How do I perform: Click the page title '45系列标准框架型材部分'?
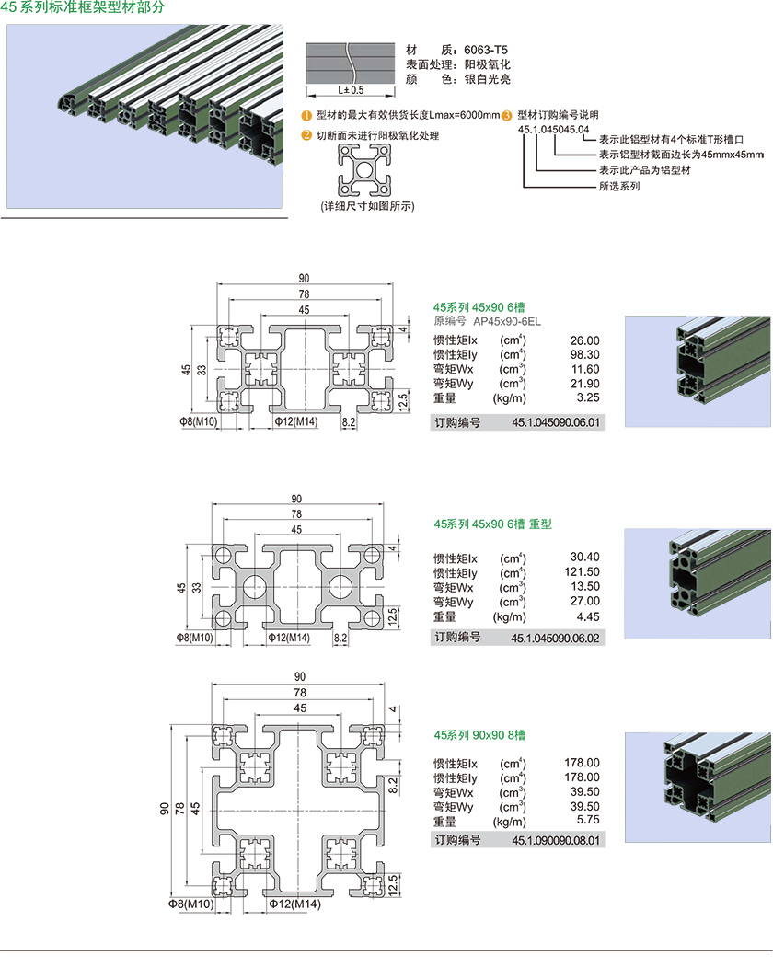tap(84, 8)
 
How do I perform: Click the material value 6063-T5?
tap(486, 50)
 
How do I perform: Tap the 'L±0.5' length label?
tap(352, 90)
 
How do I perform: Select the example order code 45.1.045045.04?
tap(553, 130)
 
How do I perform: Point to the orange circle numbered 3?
tap(507, 115)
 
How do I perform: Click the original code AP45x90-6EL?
tap(507, 321)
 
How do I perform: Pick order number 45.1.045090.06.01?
tap(556, 423)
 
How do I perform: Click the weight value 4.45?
tap(586, 616)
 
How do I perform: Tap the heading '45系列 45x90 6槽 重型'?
tap(492, 524)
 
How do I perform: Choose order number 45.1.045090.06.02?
tap(556, 638)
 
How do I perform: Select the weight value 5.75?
tap(586, 821)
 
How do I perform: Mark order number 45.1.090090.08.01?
tap(556, 840)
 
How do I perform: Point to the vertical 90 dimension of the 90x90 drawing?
tap(164, 809)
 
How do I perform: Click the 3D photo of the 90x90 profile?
tap(698, 787)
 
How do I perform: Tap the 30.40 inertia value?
tap(585, 558)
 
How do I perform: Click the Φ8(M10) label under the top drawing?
tap(198, 421)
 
